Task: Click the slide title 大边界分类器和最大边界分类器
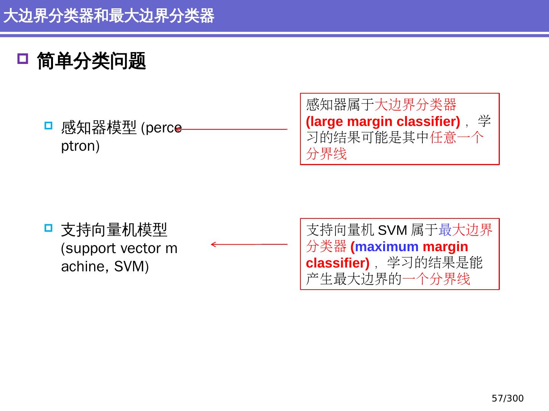109,16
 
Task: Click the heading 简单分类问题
91,61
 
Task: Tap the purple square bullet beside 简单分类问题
23,59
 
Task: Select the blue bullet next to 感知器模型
48,126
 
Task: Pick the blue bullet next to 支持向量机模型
48,228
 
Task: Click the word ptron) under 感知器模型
80,146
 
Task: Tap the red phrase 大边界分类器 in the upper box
416,104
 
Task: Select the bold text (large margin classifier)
383,121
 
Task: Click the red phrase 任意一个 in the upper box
457,137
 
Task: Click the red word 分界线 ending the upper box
326,154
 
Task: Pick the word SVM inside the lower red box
393,230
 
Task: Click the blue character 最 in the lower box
445,230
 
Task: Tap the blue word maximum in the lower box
387,247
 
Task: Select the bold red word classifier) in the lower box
337,263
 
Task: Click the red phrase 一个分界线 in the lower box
436,279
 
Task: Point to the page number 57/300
507,398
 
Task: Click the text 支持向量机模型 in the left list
114,230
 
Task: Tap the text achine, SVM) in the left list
105,266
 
